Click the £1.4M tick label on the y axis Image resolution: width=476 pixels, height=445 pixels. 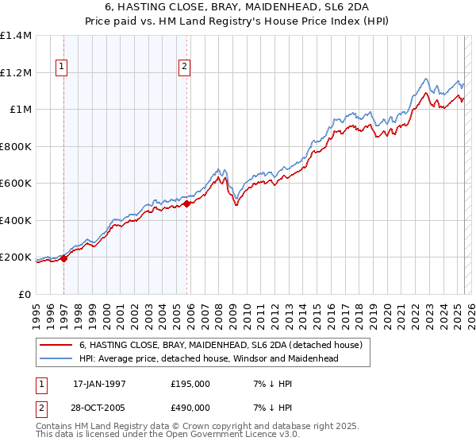(x=16, y=36)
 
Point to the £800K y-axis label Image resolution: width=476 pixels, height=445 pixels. (x=16, y=146)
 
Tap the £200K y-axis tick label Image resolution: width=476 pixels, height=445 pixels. (x=16, y=257)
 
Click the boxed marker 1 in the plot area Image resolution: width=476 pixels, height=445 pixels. (x=63, y=68)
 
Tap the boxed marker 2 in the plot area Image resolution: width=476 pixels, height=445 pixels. (x=184, y=68)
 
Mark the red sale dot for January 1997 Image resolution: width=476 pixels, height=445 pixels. (x=64, y=258)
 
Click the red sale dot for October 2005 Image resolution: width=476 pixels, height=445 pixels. (x=186, y=203)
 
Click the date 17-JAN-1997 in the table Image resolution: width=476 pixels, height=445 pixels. (x=100, y=384)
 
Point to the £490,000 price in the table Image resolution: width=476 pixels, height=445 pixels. (x=190, y=407)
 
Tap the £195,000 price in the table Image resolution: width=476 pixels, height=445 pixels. (x=190, y=384)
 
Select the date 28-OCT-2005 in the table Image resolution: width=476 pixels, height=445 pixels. (x=100, y=407)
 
